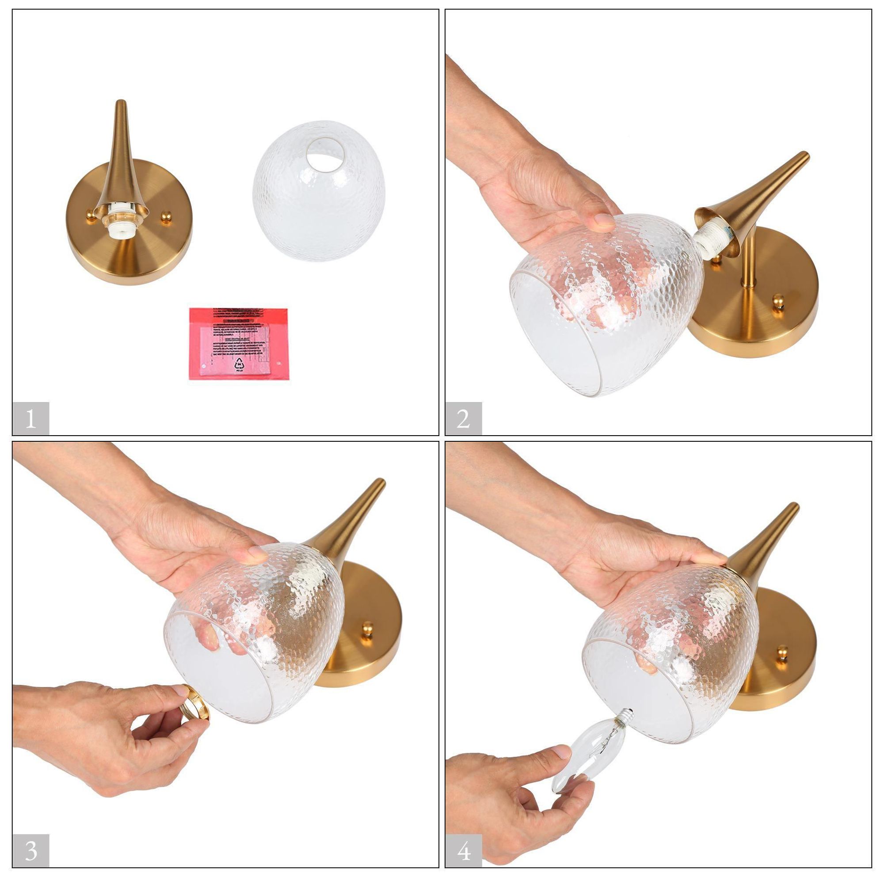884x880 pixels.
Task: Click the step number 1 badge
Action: pos(30,418)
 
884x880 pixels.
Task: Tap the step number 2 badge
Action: pos(463,418)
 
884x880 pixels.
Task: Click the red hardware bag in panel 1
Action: pos(238,343)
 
